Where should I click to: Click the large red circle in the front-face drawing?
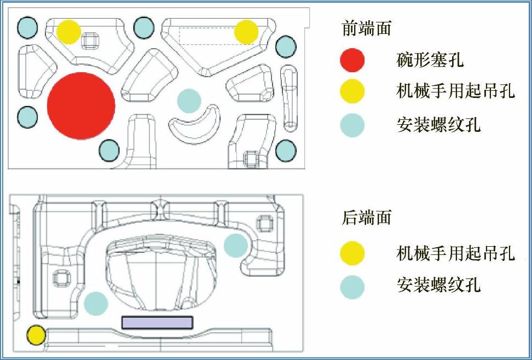81,106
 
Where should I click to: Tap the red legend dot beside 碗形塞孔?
352,60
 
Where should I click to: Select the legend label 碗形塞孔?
430,60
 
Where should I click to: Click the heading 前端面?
367,28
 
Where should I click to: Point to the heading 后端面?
367,217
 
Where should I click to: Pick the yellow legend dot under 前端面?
352,91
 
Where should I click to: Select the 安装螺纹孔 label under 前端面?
438,125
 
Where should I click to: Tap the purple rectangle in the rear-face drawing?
157,322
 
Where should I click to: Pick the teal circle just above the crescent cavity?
189,101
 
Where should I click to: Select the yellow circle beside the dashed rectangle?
246,32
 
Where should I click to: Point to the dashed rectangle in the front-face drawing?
205,36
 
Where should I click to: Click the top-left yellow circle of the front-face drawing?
68,32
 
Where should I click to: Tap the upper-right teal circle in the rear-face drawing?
236,245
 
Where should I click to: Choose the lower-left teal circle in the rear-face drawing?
96,303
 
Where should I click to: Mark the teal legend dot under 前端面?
352,125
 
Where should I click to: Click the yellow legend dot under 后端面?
352,253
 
